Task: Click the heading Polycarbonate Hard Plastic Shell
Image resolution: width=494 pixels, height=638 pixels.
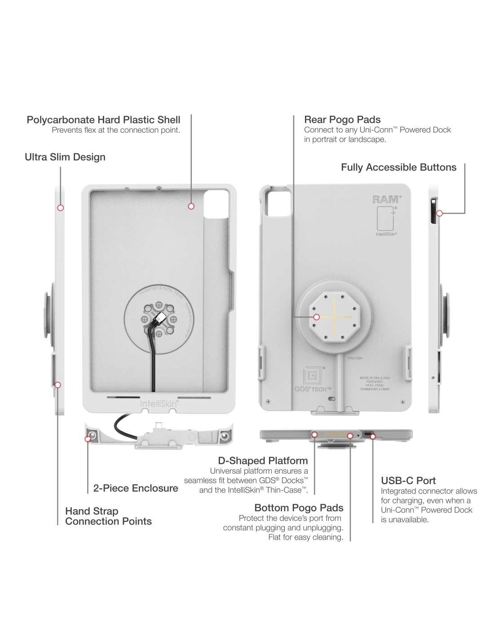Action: [103, 120]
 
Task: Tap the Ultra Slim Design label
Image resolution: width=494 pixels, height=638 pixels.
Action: [65, 157]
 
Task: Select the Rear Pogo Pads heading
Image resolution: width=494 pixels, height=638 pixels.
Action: [342, 120]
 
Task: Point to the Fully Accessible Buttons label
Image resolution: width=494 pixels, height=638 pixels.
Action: [398, 167]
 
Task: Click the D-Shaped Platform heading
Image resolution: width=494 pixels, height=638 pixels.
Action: [263, 461]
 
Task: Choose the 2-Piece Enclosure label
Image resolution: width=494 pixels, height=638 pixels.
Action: [136, 488]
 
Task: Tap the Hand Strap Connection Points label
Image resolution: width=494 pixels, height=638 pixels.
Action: [108, 516]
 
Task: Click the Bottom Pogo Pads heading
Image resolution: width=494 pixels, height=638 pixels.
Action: [299, 508]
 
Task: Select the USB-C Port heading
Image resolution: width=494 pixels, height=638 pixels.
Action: [408, 481]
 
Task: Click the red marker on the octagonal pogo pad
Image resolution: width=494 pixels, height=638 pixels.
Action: [316, 317]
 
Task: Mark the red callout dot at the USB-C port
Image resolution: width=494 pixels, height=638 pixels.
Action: [372, 436]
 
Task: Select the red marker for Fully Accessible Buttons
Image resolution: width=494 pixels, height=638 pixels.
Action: [440, 214]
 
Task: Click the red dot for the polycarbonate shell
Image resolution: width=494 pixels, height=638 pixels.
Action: [191, 206]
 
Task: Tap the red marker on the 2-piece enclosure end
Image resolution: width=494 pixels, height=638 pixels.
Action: [88, 439]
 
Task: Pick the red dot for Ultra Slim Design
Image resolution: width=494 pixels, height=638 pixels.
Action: [60, 208]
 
